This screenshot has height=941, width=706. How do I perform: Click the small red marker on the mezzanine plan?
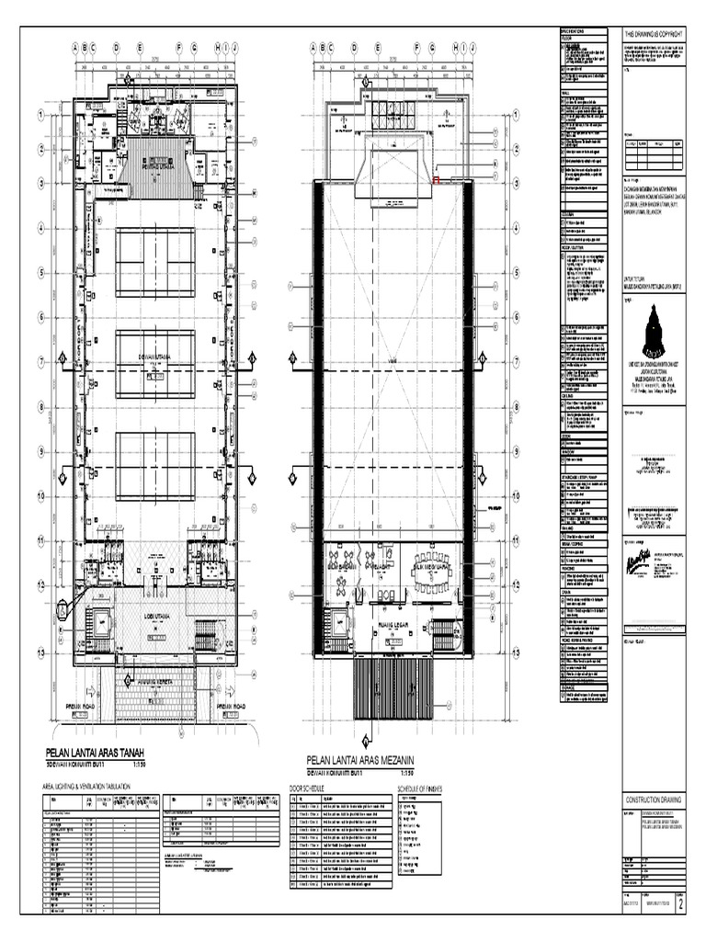[x=436, y=181]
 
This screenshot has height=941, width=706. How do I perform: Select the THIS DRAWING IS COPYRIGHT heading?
[x=655, y=32]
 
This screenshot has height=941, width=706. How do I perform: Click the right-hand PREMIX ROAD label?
[x=230, y=706]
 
